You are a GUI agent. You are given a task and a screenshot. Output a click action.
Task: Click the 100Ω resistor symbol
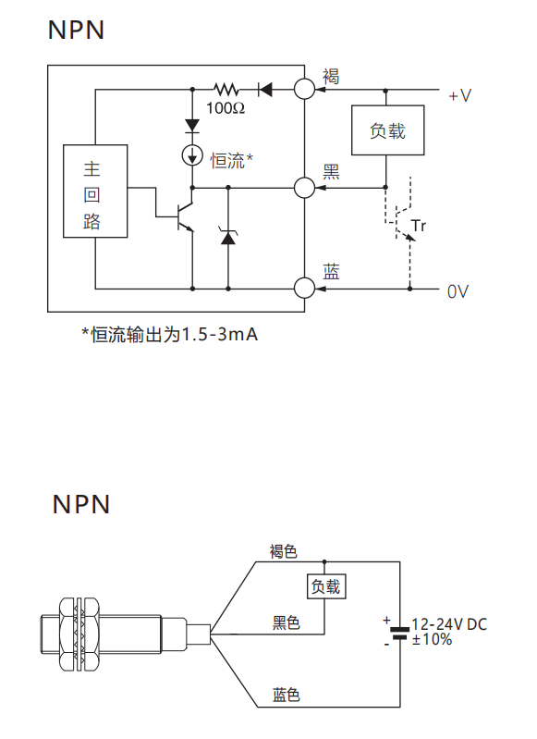(226, 89)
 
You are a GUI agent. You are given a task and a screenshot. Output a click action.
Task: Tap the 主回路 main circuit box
(95, 191)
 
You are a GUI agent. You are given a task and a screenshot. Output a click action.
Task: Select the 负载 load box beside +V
(387, 130)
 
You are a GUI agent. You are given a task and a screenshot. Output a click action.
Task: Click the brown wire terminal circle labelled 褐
(304, 89)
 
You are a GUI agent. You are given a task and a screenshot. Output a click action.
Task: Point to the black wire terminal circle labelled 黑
(304, 188)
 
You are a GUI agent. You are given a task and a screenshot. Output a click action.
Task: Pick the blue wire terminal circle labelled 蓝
(304, 288)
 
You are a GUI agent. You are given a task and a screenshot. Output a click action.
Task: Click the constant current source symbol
(192, 155)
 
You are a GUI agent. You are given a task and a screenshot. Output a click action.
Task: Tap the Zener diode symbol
(228, 236)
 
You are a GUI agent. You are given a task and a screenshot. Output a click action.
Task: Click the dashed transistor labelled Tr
(404, 221)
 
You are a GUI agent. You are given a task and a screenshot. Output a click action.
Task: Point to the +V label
(459, 95)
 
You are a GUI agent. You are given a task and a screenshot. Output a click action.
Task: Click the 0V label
(458, 291)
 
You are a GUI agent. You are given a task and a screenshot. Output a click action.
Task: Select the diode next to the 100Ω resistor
(264, 89)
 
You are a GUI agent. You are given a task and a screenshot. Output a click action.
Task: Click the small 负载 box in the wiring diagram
(326, 586)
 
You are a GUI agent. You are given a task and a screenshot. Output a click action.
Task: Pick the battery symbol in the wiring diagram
(400, 633)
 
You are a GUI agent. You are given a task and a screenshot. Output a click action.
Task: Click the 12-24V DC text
(449, 624)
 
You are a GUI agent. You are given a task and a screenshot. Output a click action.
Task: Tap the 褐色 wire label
(284, 551)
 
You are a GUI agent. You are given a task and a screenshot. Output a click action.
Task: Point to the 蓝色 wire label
(286, 695)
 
